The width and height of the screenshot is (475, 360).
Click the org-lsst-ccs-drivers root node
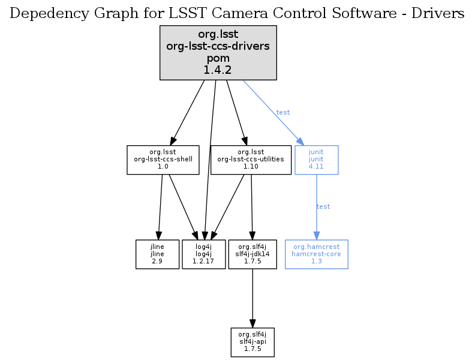tap(218, 53)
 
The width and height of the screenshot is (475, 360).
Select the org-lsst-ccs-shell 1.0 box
tap(163, 160)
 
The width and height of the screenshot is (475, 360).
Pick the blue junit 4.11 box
tap(316, 160)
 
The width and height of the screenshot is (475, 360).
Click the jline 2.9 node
tap(157, 254)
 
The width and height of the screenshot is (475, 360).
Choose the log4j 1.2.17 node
tap(204, 254)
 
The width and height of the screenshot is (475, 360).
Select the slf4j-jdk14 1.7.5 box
tap(252, 254)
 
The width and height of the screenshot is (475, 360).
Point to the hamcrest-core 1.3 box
tap(316, 254)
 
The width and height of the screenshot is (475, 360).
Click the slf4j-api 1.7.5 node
tap(252, 342)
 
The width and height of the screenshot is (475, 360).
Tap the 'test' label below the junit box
tap(323, 206)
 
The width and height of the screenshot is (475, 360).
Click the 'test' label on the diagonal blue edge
tap(283, 112)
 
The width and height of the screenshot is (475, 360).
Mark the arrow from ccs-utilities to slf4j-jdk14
tap(252, 207)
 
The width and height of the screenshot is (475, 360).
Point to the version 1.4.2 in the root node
tap(218, 70)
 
